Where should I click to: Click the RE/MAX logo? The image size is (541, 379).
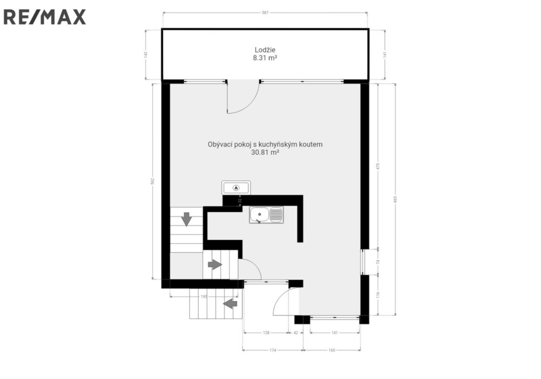tap(44, 17)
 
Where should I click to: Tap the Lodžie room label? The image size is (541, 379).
tap(265, 50)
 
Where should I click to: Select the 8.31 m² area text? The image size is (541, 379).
tap(265, 58)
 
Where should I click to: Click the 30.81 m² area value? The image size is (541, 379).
tap(265, 152)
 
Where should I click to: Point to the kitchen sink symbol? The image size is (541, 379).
tap(266, 215)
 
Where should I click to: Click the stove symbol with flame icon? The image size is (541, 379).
tap(236, 188)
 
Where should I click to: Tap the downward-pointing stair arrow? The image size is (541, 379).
tap(186, 219)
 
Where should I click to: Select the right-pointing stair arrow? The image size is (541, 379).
tap(215, 265)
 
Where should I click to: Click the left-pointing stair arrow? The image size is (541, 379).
tap(230, 304)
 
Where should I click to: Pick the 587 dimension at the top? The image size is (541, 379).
tap(265, 13)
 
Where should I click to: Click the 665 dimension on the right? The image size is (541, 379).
tap(395, 199)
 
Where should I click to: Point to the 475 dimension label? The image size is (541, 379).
tap(378, 166)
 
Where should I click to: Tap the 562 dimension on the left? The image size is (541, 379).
tap(153, 181)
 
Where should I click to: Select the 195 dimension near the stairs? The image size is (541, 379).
tap(204, 297)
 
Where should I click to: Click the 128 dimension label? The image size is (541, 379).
tap(266, 333)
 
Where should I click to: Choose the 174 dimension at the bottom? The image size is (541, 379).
tap(273, 350)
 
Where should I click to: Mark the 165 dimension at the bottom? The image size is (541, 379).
tap(332, 350)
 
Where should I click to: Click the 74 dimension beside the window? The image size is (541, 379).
tap(378, 262)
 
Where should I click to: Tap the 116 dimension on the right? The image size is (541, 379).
tap(378, 295)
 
